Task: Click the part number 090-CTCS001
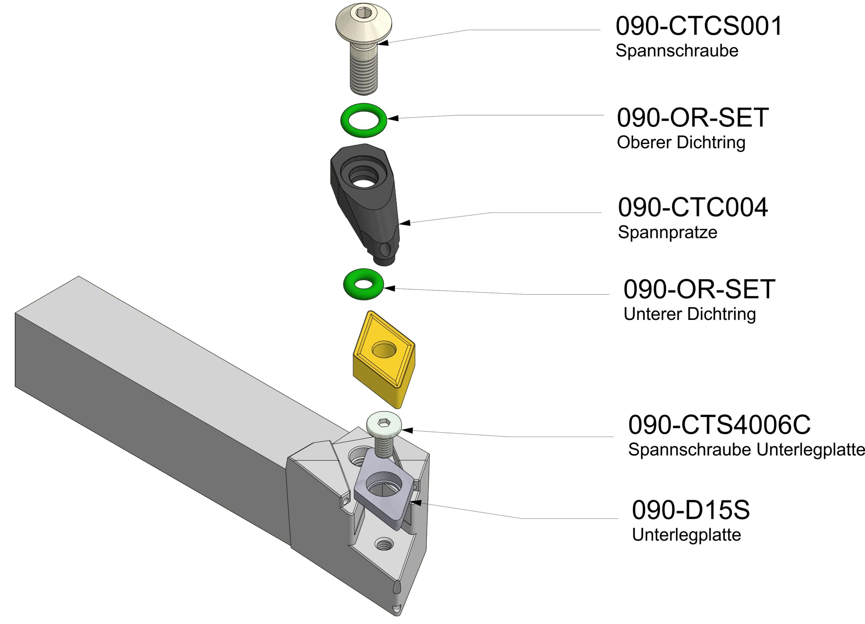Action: point(699,26)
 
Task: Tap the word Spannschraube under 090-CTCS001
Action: point(676,51)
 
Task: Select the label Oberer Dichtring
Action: point(681,142)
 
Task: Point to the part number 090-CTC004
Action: point(693,208)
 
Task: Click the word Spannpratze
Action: point(667,232)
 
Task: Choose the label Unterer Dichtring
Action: point(690,314)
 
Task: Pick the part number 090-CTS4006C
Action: point(719,425)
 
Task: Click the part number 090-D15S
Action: point(691,510)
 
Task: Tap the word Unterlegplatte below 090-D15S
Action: point(686,535)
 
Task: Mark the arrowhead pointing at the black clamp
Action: point(405,223)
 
